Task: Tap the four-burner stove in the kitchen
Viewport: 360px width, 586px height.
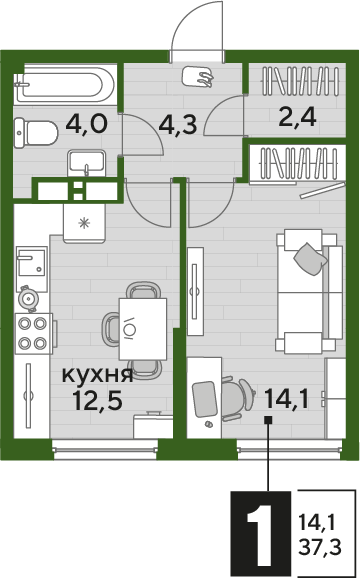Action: click(x=33, y=333)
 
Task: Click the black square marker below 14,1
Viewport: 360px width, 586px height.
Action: click(x=268, y=423)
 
